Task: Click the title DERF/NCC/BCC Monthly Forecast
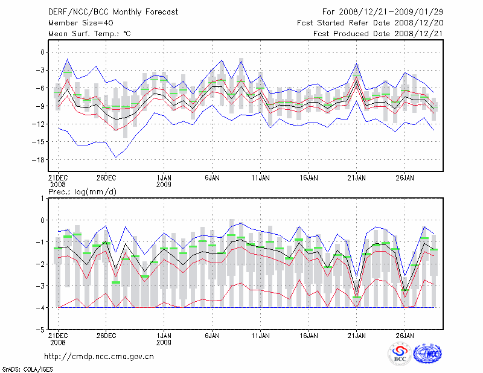106,12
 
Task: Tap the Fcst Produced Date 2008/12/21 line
378,34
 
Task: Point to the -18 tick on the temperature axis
40,159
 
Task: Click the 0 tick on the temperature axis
43,52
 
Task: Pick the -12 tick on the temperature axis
40,124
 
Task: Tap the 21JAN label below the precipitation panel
357,335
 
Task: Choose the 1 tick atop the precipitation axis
43,198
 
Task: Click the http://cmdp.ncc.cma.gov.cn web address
99,357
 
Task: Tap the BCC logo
400,354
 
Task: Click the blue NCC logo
427,354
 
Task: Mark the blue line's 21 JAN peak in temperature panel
357,63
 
